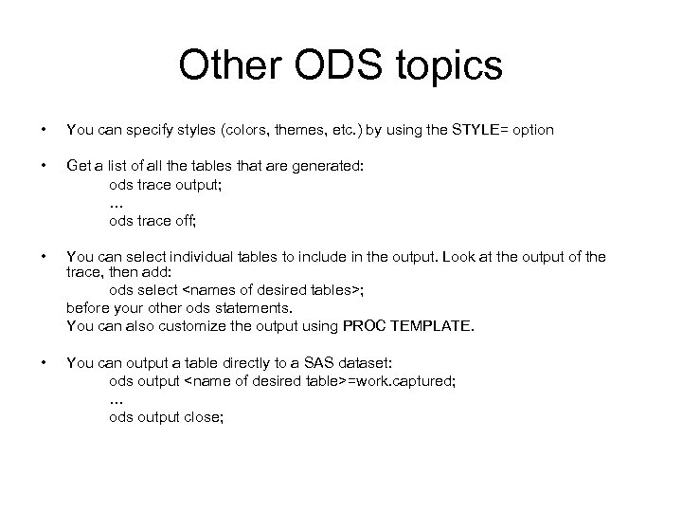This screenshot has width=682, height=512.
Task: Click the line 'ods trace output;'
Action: coord(166,185)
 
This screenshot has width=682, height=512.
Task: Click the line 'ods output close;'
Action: coord(167,416)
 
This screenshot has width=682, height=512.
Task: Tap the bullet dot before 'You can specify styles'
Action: coord(38,129)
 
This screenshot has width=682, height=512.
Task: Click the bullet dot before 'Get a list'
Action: coord(38,166)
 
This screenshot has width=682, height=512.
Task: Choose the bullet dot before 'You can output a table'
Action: coord(38,362)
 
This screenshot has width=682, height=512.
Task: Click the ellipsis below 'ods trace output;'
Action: coord(117,203)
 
